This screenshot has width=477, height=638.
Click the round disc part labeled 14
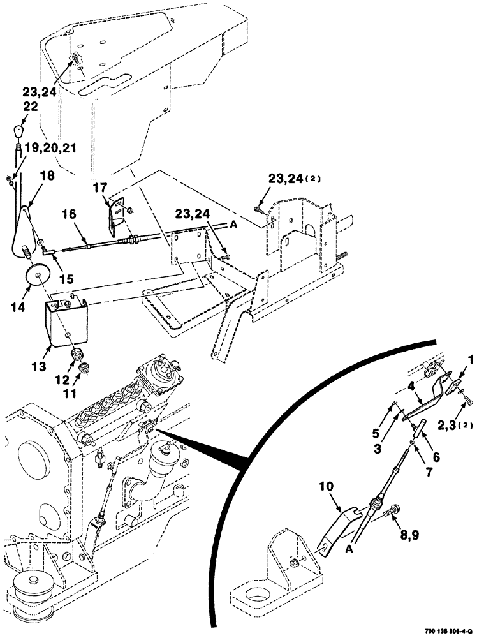tap(37, 275)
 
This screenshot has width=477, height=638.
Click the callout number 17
tap(99, 189)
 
